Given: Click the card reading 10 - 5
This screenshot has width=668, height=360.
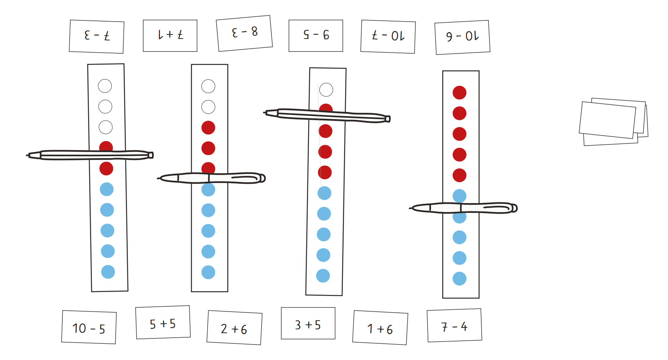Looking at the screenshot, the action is [89, 327].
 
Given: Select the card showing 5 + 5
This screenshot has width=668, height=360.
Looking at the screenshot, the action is [163, 322].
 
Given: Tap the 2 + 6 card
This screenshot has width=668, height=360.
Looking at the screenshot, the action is [234, 327].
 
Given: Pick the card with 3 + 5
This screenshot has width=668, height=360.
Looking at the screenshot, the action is [308, 323].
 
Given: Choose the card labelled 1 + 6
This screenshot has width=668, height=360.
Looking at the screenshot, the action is [380, 327].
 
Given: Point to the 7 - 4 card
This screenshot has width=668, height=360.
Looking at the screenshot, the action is [454, 325].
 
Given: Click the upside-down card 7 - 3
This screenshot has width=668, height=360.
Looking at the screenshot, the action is [97, 37].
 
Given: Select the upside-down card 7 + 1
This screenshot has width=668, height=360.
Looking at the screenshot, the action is [170, 36].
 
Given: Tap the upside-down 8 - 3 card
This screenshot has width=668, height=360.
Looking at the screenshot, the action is [244, 33].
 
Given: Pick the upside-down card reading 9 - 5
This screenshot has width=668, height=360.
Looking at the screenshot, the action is [316, 36].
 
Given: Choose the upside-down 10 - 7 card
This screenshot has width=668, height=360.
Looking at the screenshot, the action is [388, 37].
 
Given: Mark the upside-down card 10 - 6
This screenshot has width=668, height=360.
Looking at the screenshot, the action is [462, 37].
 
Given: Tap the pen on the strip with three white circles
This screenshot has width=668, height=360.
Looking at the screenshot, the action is [90, 155].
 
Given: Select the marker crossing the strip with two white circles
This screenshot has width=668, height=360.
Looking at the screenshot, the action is [211, 178].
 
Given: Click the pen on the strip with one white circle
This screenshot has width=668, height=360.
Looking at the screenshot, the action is [327, 116].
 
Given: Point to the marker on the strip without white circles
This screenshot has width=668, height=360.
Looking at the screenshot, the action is [463, 208].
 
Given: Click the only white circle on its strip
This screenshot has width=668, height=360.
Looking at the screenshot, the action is [326, 90].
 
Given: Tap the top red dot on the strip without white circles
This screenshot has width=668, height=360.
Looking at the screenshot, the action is [459, 93].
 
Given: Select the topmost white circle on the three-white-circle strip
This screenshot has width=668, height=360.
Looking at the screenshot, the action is [105, 86].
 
